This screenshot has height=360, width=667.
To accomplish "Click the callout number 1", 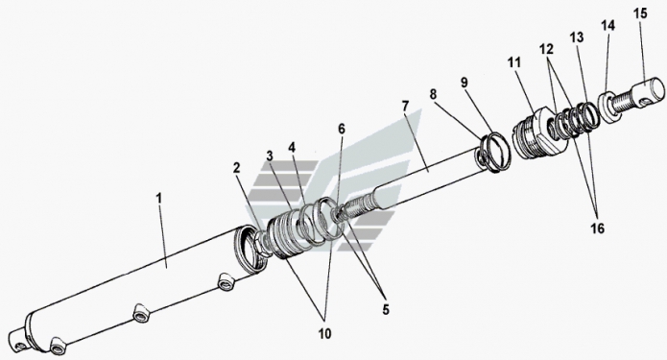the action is point(158,199).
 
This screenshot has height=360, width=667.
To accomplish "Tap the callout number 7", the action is point(405,106).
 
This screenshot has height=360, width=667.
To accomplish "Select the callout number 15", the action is point(640,13).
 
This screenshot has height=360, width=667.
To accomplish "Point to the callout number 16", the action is point(597,228).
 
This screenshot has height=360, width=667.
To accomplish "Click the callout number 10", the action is point(324,334).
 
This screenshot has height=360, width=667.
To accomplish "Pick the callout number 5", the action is point(386,310).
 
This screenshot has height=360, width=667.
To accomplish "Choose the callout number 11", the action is point(513,62).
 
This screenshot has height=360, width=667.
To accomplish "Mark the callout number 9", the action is point(465,82).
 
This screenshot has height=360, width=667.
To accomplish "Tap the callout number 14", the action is point(607,25).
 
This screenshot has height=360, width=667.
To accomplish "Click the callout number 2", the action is point(236,168).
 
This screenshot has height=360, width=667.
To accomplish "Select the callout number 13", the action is point(577,37).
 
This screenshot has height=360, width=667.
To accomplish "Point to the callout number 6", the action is point(342,129).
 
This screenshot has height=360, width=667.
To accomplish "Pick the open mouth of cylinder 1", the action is point(250,251).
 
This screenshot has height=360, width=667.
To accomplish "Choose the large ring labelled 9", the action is point(494,153).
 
